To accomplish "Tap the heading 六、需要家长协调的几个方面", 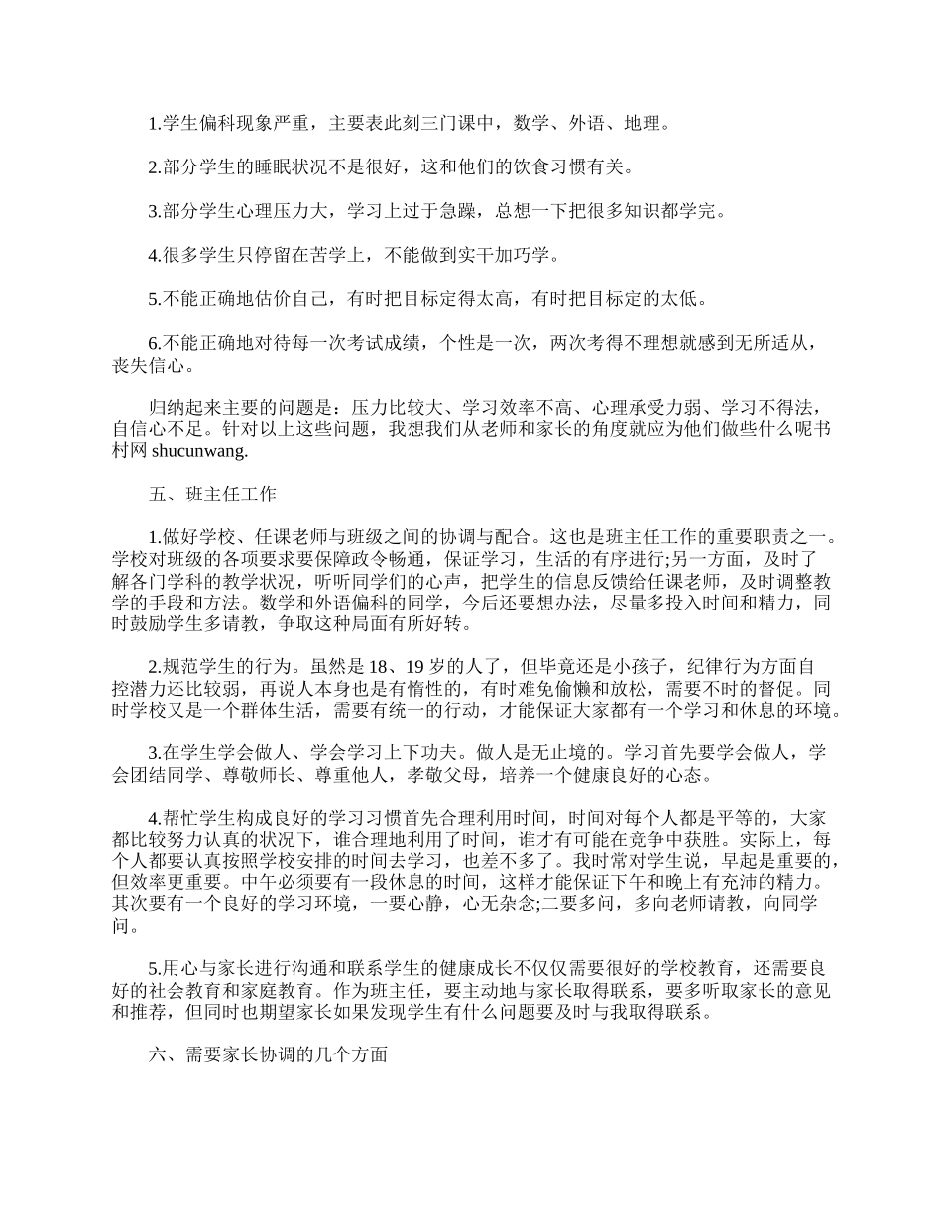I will pyautogui.click(x=267, y=1055).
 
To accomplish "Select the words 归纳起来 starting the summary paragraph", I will pyautogui.click(x=180, y=409).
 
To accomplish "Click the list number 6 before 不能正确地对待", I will pyautogui.click(x=153, y=344).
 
